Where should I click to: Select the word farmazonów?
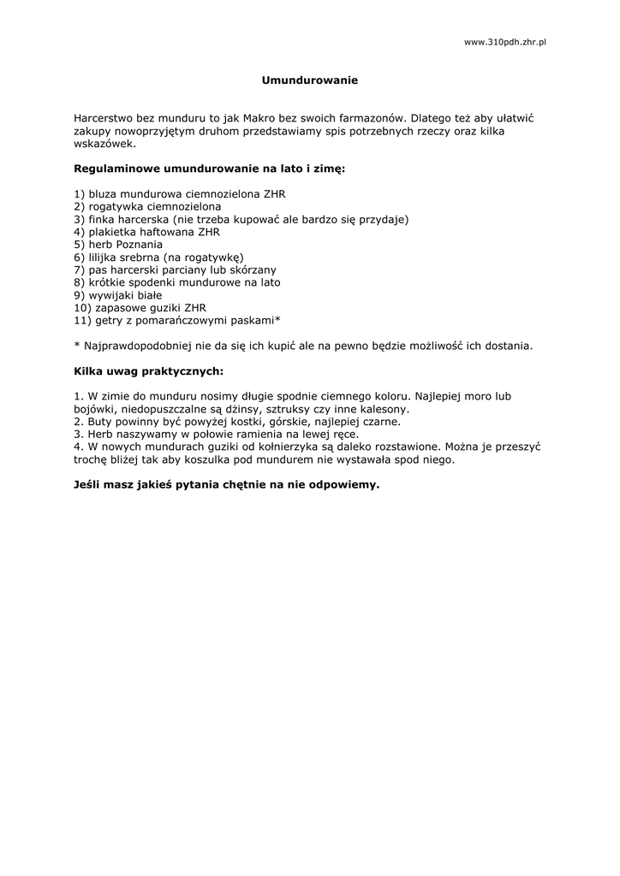[372, 118]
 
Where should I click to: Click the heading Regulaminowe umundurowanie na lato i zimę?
[210, 169]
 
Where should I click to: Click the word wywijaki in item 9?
[111, 295]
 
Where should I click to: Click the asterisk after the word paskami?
[277, 318]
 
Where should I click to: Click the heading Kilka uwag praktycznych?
[148, 372]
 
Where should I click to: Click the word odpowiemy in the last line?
[340, 484]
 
